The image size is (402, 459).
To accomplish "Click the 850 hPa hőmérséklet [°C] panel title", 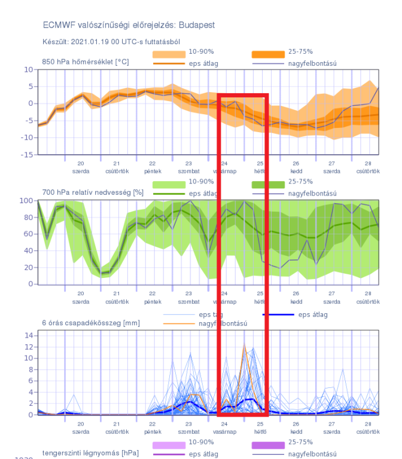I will [x=85, y=62].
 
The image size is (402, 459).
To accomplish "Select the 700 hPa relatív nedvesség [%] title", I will [x=93, y=193].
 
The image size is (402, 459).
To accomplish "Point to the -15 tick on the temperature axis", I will [x=28, y=155].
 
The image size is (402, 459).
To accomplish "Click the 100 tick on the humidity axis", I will [x=26, y=201].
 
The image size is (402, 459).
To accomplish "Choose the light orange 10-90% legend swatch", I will [x=169, y=54].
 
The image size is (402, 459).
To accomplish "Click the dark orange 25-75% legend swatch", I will [x=269, y=54].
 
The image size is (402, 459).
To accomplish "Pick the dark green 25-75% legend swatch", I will [x=269, y=185].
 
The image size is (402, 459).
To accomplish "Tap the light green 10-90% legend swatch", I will [x=169, y=185].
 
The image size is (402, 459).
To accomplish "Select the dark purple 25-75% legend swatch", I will [x=269, y=445].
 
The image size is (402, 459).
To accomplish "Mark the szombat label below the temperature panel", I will [x=188, y=171].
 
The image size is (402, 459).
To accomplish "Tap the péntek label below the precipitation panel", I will [x=153, y=431].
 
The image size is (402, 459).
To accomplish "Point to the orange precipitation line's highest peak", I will [x=244, y=346].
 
